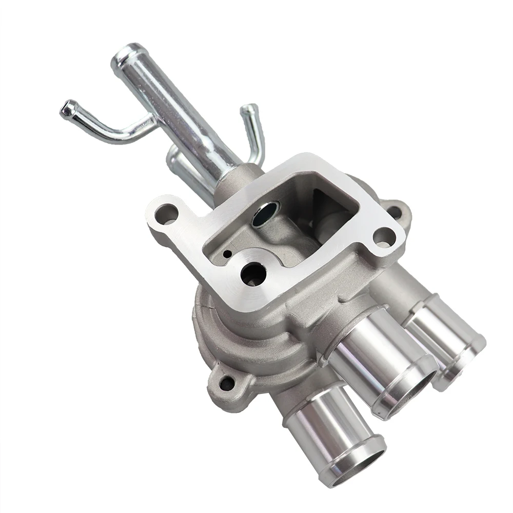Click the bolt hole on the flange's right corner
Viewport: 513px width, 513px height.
tap(382, 236)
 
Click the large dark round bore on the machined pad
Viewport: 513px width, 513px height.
tap(253, 273)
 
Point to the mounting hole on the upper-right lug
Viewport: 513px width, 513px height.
tap(393, 210)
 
